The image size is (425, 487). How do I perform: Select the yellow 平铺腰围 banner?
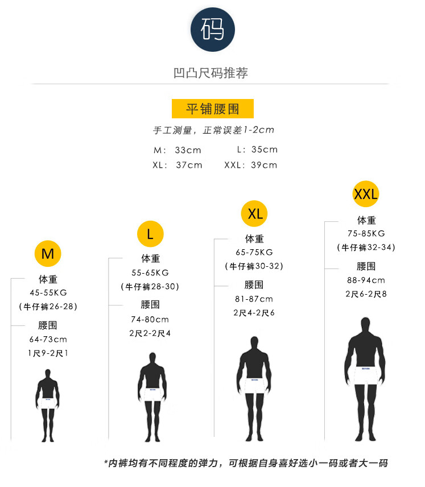(x=212, y=109)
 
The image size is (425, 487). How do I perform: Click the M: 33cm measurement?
(x=178, y=150)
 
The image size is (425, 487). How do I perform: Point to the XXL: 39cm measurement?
(x=251, y=165)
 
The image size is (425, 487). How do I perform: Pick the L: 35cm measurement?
(x=257, y=150)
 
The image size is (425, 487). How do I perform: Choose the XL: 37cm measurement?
(x=178, y=165)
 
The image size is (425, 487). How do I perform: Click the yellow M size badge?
(x=48, y=254)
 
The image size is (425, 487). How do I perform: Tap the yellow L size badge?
(x=150, y=234)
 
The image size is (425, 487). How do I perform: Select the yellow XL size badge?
(x=255, y=213)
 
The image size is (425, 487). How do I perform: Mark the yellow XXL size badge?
(x=366, y=195)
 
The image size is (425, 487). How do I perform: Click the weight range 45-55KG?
(x=48, y=293)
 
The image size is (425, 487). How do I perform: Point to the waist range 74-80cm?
(x=150, y=319)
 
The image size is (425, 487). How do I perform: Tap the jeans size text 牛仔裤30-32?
(x=254, y=266)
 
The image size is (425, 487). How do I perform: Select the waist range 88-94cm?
(x=366, y=280)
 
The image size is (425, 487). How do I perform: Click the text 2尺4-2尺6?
(x=254, y=313)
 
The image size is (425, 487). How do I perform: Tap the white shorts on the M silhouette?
(x=48, y=402)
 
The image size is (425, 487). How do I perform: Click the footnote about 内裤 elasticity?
(x=246, y=463)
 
